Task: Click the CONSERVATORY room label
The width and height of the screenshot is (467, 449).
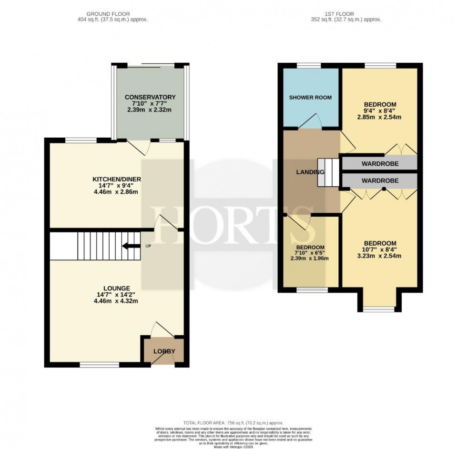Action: coord(147,97)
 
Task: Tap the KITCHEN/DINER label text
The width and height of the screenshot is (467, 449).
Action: coord(117,179)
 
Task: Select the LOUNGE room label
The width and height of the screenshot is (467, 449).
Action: coord(117,288)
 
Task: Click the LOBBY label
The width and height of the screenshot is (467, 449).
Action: coord(164,352)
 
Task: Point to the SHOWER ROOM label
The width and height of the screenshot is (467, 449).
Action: coord(311,98)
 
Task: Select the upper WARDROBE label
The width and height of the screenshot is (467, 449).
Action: coord(380,164)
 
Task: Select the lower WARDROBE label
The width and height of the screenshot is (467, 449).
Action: coord(380,181)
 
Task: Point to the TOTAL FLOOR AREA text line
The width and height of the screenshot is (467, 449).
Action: coord(233,422)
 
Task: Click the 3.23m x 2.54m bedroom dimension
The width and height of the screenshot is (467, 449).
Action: coord(380,256)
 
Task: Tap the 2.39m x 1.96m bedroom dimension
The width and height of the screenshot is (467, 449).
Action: coord(310,259)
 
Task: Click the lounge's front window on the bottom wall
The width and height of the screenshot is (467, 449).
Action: coord(99,365)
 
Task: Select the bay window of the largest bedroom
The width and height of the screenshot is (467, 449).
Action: coord(379,309)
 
